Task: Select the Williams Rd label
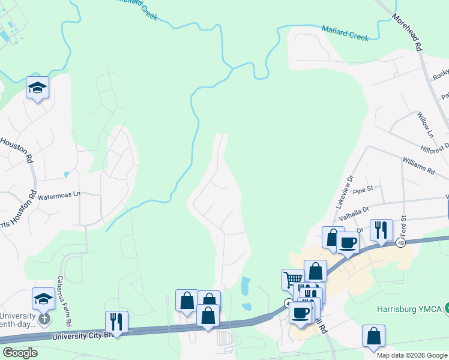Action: click(x=418, y=166)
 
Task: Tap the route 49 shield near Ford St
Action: click(x=400, y=242)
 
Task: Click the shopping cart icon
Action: click(x=292, y=279)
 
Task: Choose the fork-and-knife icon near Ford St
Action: click(x=381, y=229)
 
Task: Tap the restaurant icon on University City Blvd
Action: click(x=116, y=321)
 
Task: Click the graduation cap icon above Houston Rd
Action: click(x=37, y=87)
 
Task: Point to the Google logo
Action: click(x=20, y=353)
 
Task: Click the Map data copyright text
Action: click(x=412, y=355)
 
